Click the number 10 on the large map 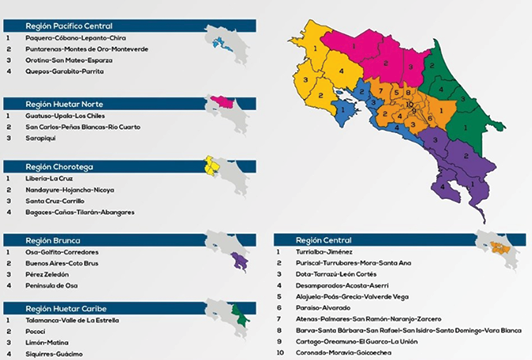[409, 104]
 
